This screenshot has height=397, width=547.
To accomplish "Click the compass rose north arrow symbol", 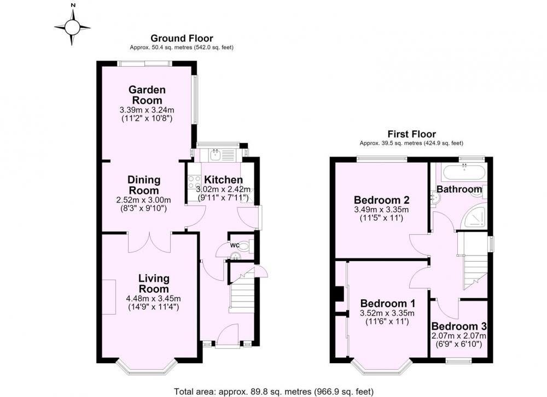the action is point(72,27).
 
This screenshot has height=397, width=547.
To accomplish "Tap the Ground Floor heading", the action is point(182,38).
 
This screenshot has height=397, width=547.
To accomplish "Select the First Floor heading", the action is point(412,134).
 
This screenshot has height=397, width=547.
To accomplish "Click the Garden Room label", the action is point(147,94).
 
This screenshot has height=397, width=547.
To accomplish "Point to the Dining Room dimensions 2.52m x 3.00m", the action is point(143,200).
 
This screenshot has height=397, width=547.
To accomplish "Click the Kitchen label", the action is point(223,180).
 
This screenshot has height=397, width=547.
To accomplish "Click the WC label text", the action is point(235,245).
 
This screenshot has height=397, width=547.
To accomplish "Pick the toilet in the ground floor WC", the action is point(246,246).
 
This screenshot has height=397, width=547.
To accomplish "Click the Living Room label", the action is point(154,283).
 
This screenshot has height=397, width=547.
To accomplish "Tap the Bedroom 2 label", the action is point(382,200).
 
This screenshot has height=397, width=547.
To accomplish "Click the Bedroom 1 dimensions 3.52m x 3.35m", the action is point(387,313).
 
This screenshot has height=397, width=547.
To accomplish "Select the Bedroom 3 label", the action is point(459,327).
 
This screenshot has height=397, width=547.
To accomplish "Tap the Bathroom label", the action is point(459,189).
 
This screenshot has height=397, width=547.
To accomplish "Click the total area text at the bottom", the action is point(273,392).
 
